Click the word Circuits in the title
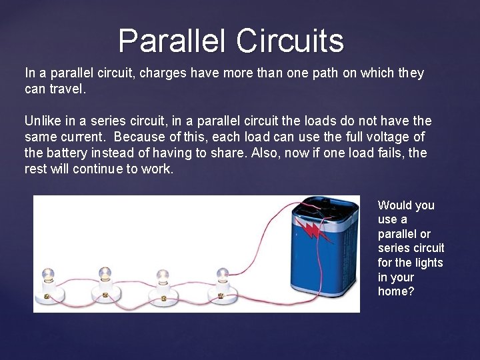290,41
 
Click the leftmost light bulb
47,275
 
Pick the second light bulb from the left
105,273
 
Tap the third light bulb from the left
162,275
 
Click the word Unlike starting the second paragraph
43,121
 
